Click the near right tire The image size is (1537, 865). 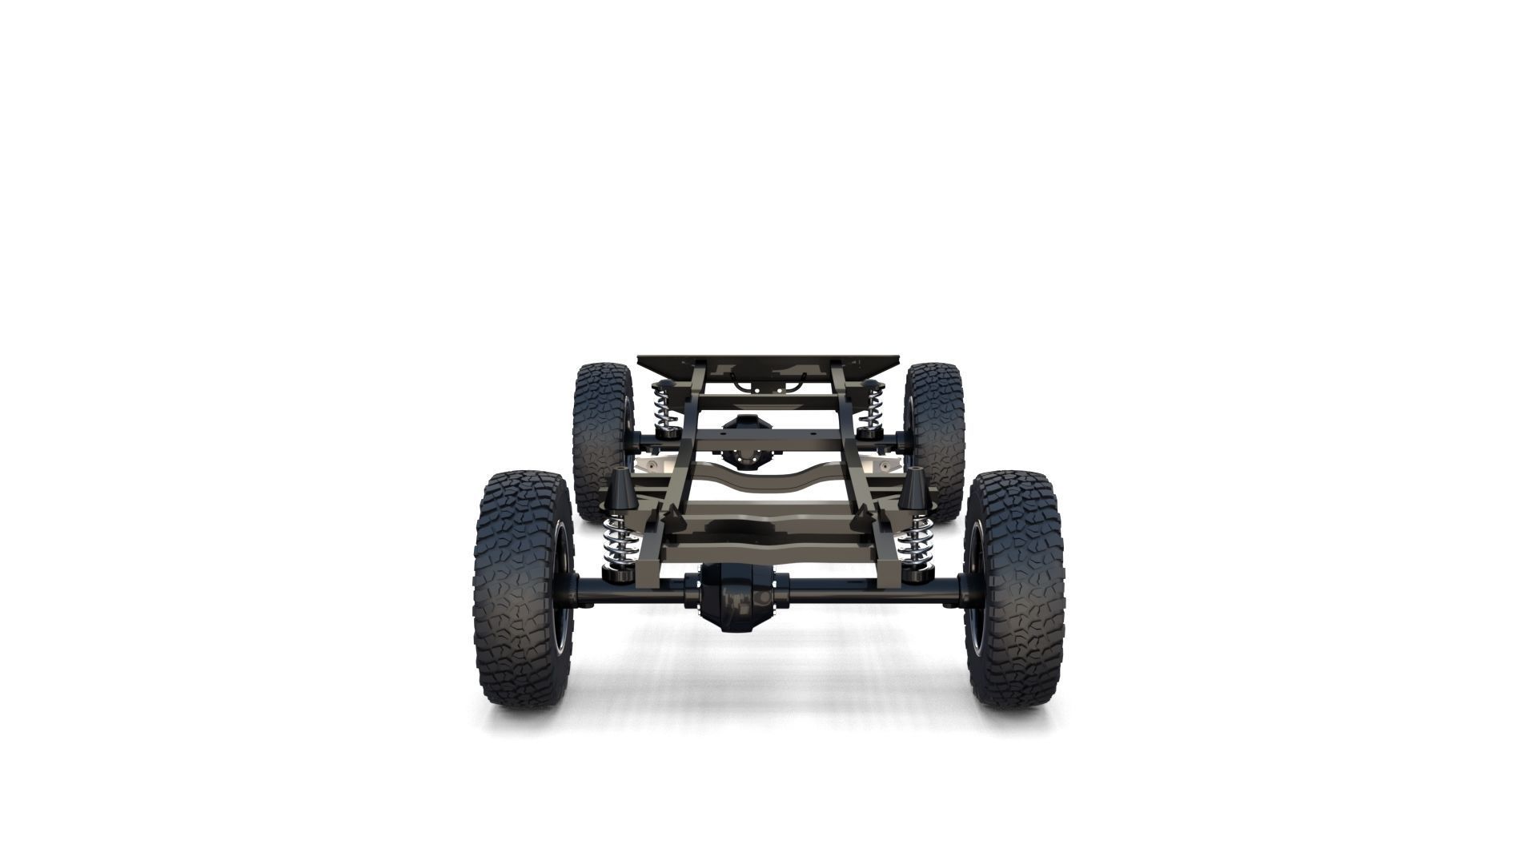click(1017, 593)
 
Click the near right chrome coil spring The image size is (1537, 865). click(913, 540)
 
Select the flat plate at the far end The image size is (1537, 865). click(768, 364)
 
